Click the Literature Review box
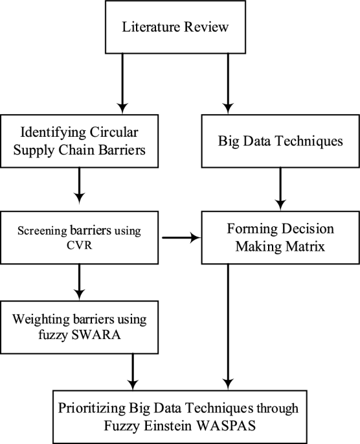click(175, 27)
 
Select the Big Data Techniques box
click(280, 141)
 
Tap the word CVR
click(80, 245)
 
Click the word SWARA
click(96, 334)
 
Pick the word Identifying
click(53, 133)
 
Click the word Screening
click(43, 231)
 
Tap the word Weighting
click(41, 320)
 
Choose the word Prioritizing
click(92, 408)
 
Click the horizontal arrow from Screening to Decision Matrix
click(181, 238)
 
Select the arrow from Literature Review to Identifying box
click(122, 84)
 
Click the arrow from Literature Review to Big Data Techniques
click(228, 84)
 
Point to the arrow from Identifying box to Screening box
click(80, 186)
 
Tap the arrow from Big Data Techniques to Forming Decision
click(280, 189)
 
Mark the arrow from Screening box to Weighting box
click(80, 282)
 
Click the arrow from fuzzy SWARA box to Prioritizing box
click(133, 372)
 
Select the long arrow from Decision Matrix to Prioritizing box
click(228, 327)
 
